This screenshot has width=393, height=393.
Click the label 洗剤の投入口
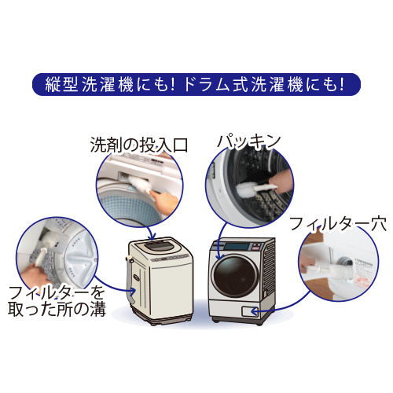(139, 145)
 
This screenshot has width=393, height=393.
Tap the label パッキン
(248, 142)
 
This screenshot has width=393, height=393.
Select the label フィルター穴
(338, 223)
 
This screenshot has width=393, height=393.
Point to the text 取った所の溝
(57, 309)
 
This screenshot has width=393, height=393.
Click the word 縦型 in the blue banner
(61, 84)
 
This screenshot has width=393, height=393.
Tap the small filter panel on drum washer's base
(250, 311)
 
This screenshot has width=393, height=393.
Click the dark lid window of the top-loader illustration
(159, 245)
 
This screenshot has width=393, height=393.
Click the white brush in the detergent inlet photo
(139, 184)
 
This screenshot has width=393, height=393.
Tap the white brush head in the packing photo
(246, 189)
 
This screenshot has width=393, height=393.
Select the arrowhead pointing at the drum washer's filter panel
(254, 311)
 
